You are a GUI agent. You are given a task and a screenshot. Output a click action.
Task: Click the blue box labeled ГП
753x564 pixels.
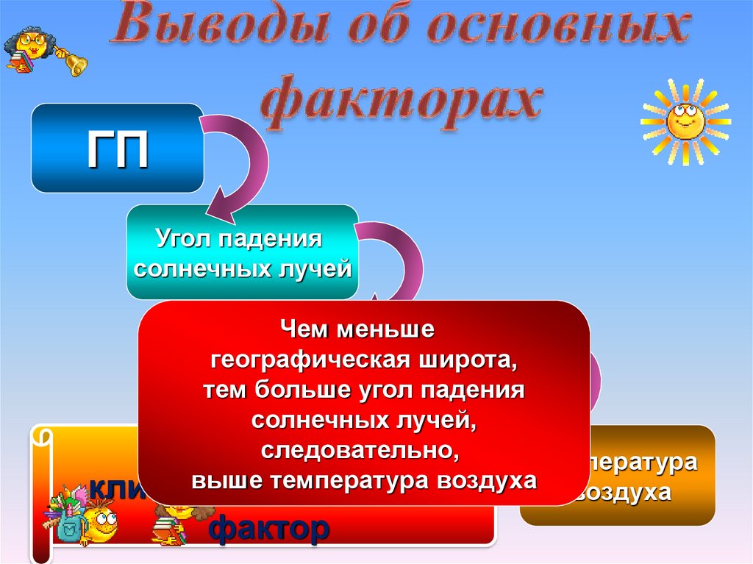[x=117, y=148]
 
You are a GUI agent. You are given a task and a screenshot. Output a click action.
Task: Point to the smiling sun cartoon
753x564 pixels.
[x=684, y=121]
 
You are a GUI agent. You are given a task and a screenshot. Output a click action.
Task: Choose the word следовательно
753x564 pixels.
[x=363, y=450]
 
